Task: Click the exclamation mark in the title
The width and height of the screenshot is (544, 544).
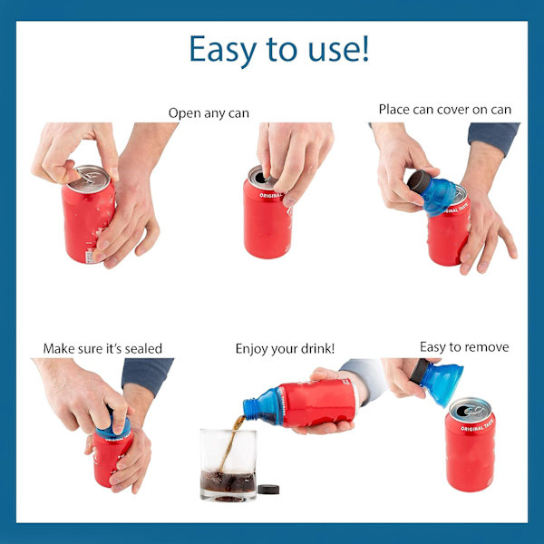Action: (365, 49)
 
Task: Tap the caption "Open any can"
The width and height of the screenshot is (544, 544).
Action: (209, 113)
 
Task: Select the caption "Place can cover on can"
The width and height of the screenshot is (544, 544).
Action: (445, 110)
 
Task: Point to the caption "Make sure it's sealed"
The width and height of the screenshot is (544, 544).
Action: (102, 348)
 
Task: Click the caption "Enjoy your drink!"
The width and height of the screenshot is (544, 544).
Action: (285, 349)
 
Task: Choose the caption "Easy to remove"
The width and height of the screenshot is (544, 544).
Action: (464, 347)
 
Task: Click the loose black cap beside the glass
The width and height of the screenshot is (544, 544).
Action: (268, 490)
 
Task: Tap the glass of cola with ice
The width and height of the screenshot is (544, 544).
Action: (228, 465)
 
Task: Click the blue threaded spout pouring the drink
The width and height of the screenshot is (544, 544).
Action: (250, 408)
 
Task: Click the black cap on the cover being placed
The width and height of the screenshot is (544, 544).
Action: (419, 181)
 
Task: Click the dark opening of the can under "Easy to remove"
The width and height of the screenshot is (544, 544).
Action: (463, 411)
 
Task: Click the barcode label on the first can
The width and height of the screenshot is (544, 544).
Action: (90, 257)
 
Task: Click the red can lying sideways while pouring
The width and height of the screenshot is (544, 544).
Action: (317, 403)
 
